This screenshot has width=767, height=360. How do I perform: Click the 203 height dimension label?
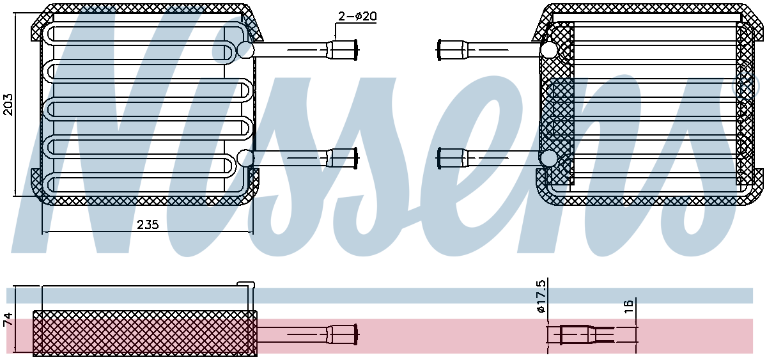(8, 104)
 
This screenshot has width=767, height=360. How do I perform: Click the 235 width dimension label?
(148, 224)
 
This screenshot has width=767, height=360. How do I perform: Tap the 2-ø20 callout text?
(357, 16)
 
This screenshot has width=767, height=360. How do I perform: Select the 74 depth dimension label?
(8, 319)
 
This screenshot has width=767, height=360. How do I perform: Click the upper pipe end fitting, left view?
(343, 50)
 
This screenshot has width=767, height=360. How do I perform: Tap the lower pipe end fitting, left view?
(343, 158)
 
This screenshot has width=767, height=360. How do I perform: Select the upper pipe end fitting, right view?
(453, 50)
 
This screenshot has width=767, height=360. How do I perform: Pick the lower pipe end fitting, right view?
(453, 158)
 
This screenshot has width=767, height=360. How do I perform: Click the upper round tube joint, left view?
(245, 50)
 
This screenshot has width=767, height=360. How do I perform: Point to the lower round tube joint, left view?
(245, 158)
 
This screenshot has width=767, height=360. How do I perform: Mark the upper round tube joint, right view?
(548, 50)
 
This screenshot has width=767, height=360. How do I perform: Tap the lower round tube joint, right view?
(548, 158)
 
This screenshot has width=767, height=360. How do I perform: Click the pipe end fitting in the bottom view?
(343, 334)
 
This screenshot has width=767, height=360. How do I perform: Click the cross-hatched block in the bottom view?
(145, 333)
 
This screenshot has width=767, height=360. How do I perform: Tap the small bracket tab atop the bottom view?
(246, 284)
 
